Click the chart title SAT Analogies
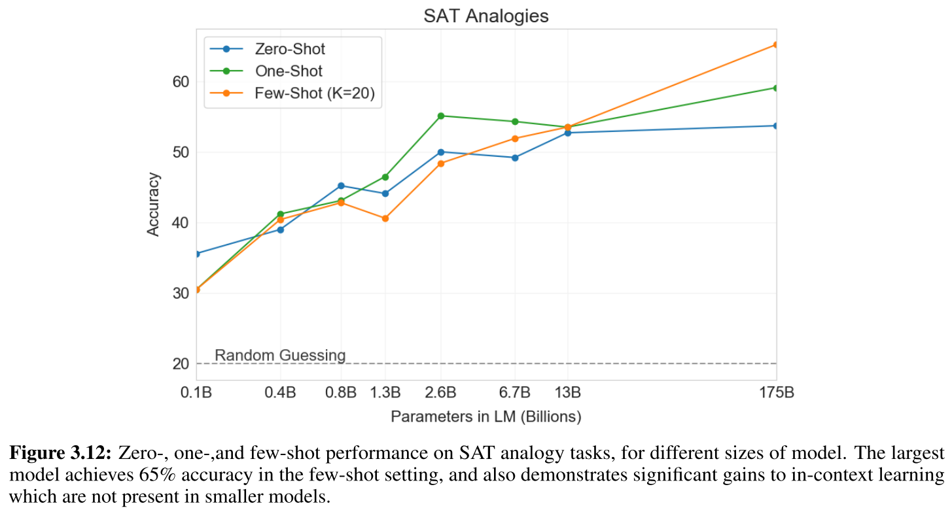click(485, 16)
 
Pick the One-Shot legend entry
click(288, 71)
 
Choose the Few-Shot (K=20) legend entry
click(314, 93)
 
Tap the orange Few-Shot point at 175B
click(776, 45)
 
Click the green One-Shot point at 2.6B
click(441, 116)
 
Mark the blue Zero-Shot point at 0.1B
click(197, 254)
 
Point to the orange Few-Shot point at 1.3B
click(385, 218)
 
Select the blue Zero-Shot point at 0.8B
click(341, 186)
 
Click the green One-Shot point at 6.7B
click(515, 122)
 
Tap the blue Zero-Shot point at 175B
click(776, 126)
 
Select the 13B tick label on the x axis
click(567, 393)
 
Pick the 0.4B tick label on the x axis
click(281, 393)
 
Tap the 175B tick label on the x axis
click(776, 393)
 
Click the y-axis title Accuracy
click(153, 204)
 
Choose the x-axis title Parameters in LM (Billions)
click(486, 416)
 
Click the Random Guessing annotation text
click(280, 356)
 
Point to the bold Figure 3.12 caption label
click(60, 454)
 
